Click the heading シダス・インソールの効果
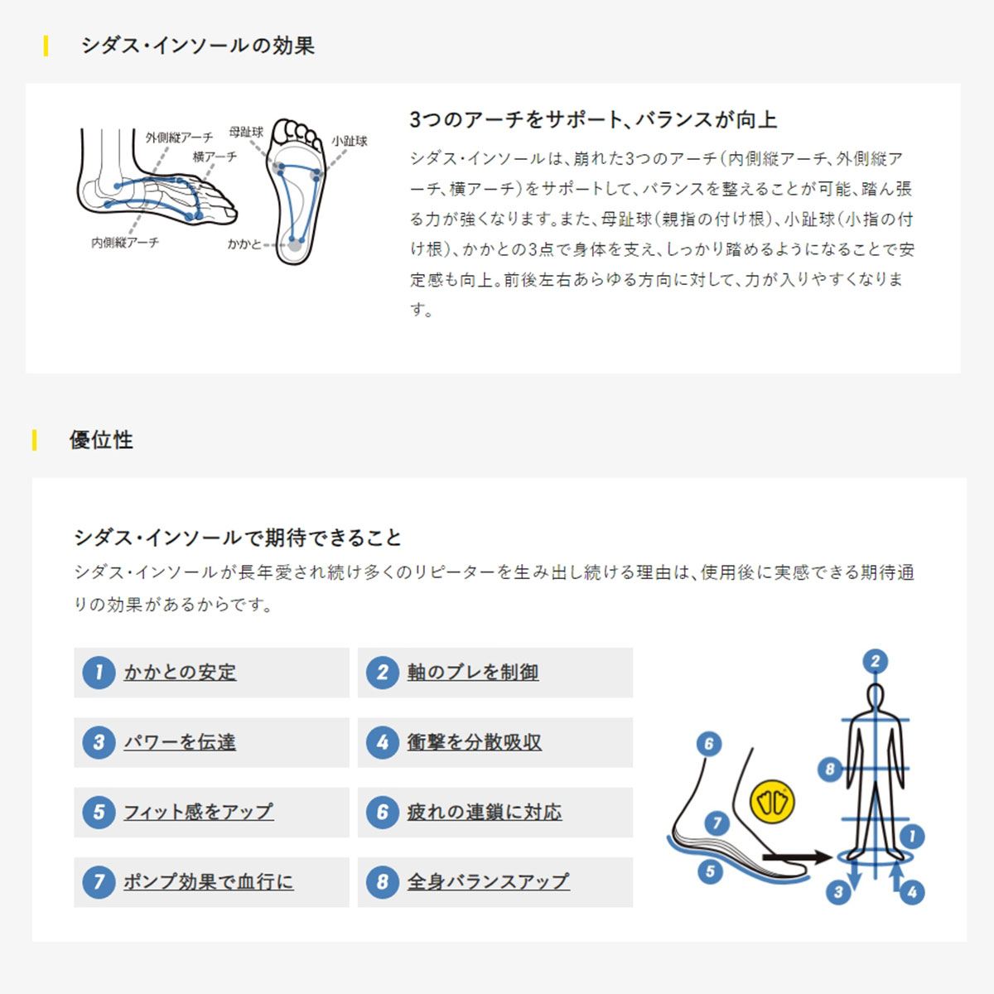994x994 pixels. coord(198,46)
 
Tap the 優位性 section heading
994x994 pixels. coord(102,440)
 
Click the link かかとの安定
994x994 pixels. coord(180,672)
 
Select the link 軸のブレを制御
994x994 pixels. coord(473,672)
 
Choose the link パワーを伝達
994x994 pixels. coord(180,742)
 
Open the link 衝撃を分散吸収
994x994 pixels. coord(475,742)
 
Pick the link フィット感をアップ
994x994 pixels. coord(199,812)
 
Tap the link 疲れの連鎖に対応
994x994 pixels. coord(485,812)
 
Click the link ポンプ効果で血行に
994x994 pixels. coord(209,881)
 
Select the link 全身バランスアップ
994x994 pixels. coord(489,881)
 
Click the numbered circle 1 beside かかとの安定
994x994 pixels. coord(99,672)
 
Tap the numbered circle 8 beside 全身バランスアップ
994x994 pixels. coord(382,881)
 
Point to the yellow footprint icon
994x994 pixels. coord(772,802)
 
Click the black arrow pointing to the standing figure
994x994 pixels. coord(798,857)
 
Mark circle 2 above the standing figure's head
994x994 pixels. coord(876,661)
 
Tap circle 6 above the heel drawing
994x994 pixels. coord(709,744)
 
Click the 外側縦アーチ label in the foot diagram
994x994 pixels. coord(179,138)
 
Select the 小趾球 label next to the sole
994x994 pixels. coord(350,141)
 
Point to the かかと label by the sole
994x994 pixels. coord(245,244)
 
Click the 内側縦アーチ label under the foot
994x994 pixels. coord(125,243)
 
